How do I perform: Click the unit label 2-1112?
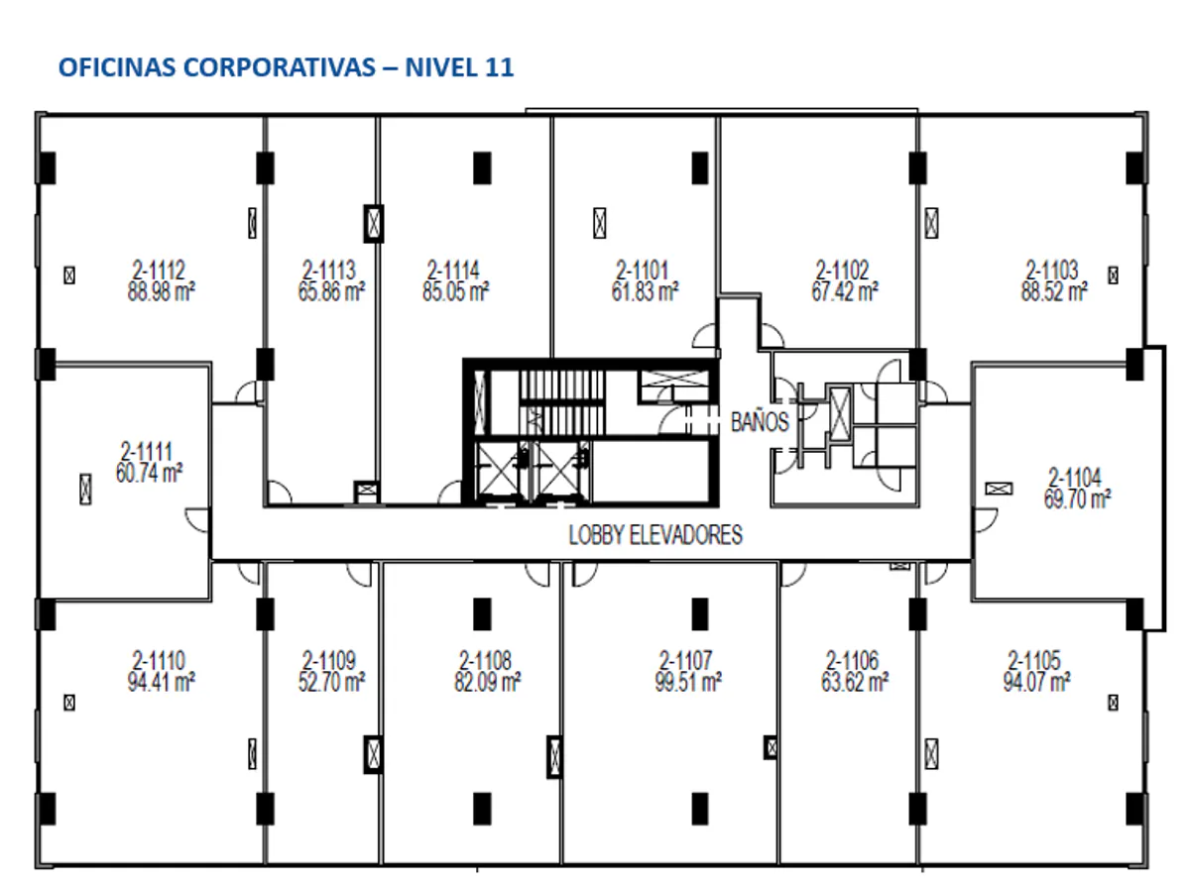160,270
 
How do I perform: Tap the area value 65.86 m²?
331,291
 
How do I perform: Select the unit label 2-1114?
453,270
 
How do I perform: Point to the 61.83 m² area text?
645,291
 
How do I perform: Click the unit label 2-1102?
842,270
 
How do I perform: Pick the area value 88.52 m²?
1054,291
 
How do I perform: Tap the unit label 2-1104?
1075,477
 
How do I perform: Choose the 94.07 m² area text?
1037,682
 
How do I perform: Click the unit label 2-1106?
853,660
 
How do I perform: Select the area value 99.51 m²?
688,682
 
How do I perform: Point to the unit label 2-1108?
486,660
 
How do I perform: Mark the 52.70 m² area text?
331,682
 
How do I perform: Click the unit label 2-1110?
160,660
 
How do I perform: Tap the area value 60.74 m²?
149,473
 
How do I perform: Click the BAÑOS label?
760,421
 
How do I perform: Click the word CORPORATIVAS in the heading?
279,67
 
